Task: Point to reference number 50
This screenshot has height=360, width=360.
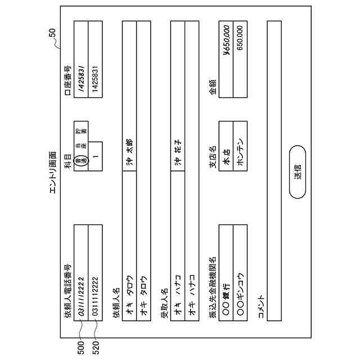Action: tap(52, 33)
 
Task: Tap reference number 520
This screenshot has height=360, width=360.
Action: tap(95, 345)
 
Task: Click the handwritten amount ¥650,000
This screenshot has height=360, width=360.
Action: tap(226, 39)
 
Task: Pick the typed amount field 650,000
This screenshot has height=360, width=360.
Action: tap(240, 39)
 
